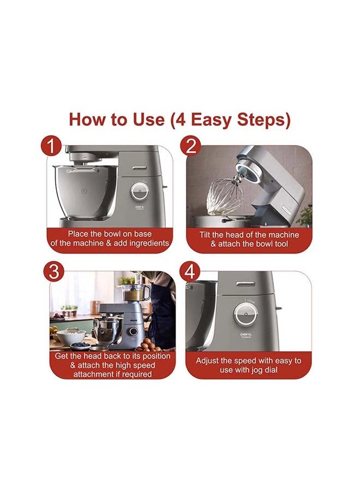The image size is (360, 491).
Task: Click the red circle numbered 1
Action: click(51, 146)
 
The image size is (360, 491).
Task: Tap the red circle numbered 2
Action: click(190, 146)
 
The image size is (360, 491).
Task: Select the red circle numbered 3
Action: click(53, 272)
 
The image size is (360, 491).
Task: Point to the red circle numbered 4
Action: click(190, 272)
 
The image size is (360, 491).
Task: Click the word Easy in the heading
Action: click(211, 119)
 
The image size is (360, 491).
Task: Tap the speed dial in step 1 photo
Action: click(139, 191)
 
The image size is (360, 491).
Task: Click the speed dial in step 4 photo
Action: click(246, 314)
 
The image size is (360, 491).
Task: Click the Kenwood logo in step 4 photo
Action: click(246, 284)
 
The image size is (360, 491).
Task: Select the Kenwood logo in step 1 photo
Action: click(140, 168)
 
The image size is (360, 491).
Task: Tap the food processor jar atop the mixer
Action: click(136, 292)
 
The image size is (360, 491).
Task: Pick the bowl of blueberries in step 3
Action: click(80, 345)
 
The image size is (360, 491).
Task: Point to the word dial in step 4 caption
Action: click(270, 370)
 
